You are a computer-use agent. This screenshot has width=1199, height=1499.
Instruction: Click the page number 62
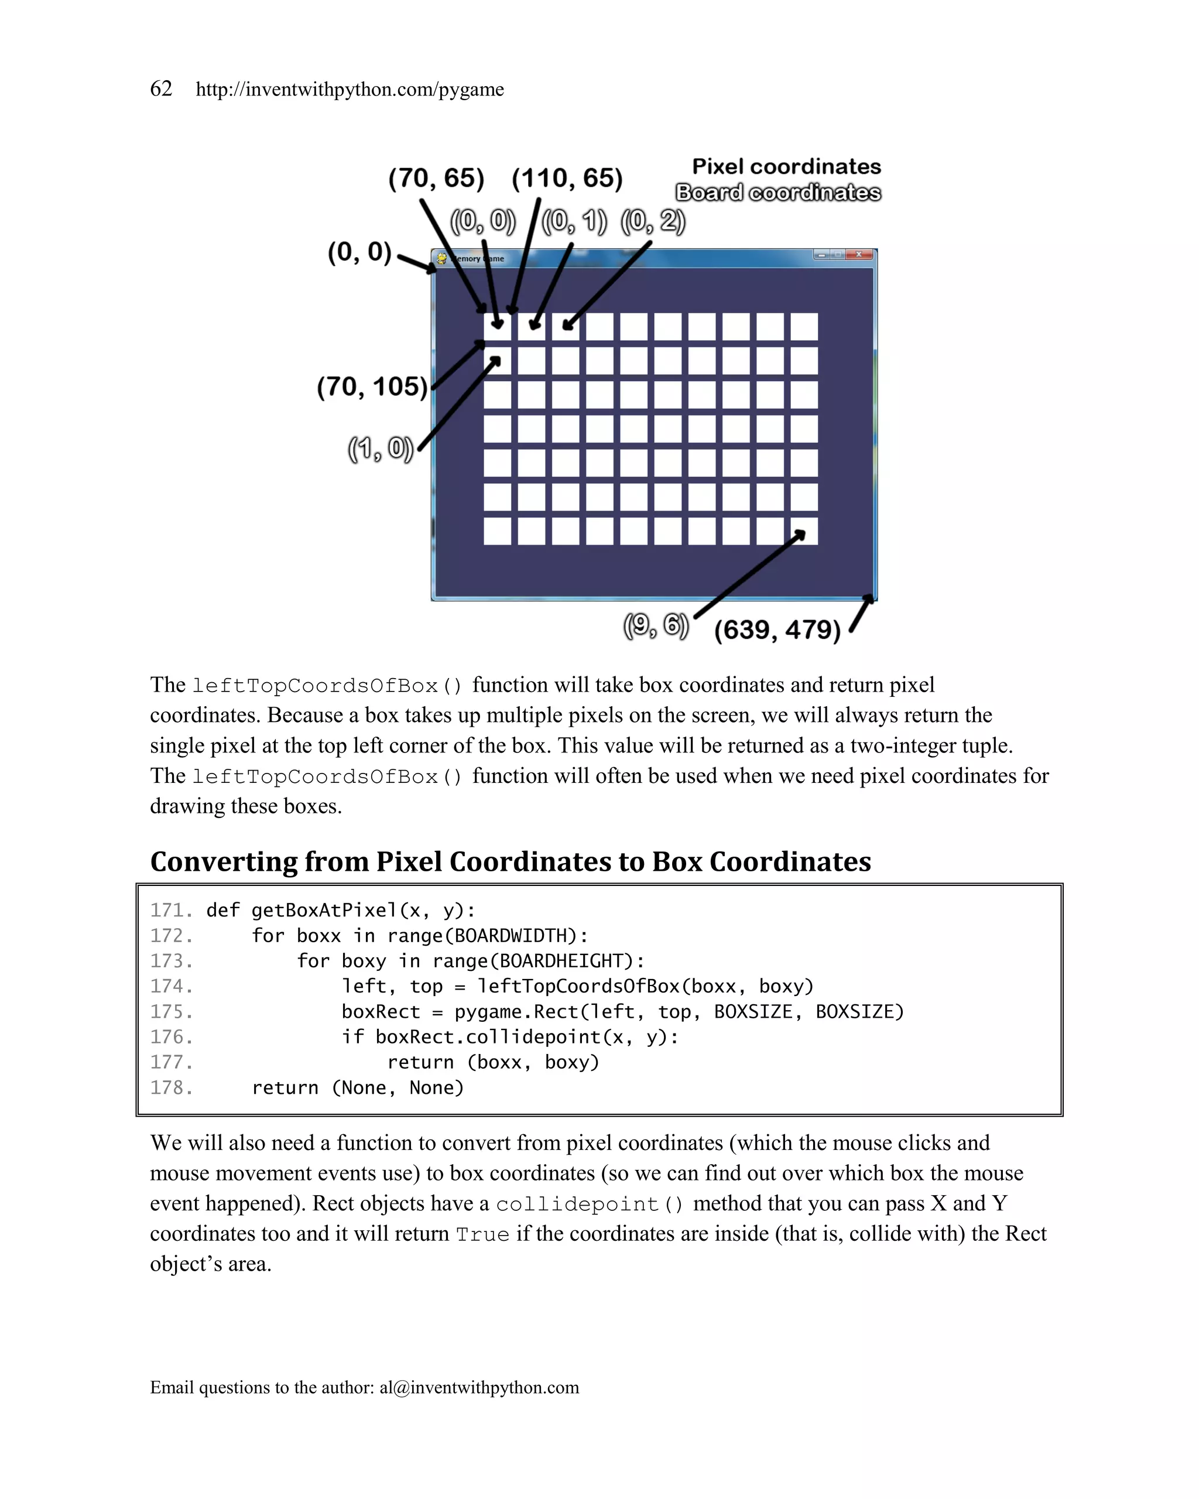click(x=161, y=89)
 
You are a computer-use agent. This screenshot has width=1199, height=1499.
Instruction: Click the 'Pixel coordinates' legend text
click(x=786, y=167)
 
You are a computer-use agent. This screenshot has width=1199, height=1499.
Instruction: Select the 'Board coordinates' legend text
click(x=778, y=193)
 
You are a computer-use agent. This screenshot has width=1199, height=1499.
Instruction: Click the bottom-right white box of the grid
click(x=804, y=531)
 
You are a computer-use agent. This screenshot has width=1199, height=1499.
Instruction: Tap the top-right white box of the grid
click(x=804, y=327)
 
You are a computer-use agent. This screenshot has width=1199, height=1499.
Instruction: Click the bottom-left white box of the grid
click(x=497, y=531)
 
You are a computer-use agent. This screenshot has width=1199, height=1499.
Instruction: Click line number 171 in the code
click(x=171, y=910)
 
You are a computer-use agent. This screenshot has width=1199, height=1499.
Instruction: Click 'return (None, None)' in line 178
click(x=357, y=1087)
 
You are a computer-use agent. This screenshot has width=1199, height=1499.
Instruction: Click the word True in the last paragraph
click(x=482, y=1235)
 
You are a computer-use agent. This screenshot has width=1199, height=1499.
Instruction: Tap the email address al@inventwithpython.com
click(x=479, y=1387)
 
